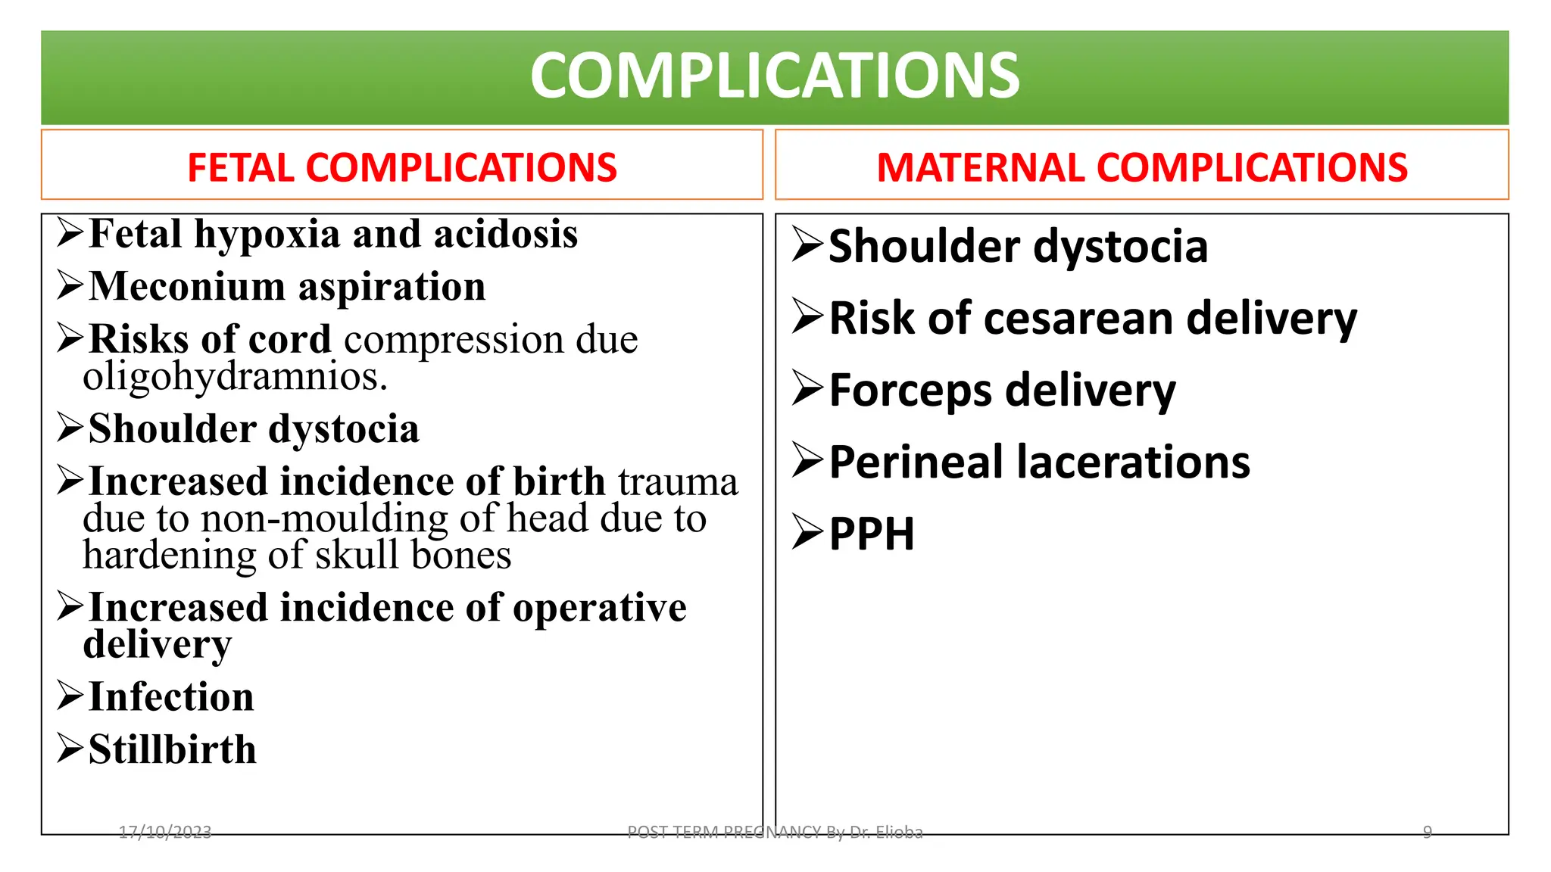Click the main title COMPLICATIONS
point(775,76)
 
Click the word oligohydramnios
point(235,376)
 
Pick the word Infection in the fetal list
point(171,697)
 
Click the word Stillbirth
point(173,750)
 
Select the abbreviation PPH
point(872,534)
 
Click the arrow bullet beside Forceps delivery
point(807,389)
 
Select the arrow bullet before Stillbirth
point(70,749)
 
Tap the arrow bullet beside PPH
point(807,532)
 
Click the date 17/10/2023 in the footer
point(165,833)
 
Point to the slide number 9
point(1428,833)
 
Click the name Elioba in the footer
point(899,833)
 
